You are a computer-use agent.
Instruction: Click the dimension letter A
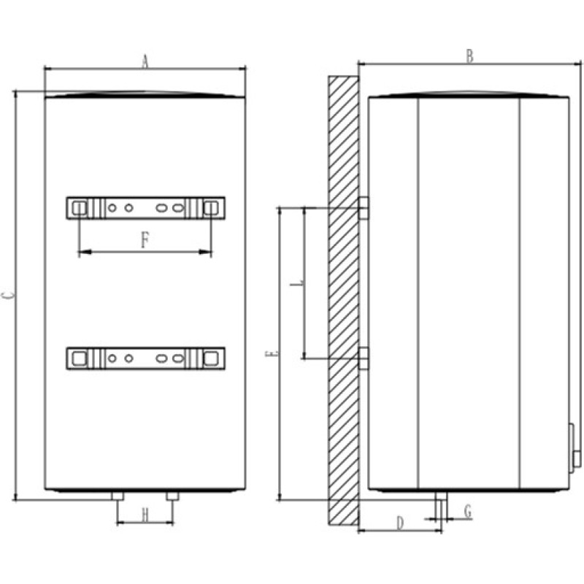point(145,63)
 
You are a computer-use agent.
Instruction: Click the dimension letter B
point(470,55)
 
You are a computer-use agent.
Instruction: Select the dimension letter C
point(7,296)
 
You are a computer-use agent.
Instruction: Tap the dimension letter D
point(399,523)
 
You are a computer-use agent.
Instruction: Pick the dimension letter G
point(467,512)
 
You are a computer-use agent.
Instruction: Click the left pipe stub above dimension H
point(117,496)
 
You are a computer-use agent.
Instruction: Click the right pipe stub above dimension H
point(172,496)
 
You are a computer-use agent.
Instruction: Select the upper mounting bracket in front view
point(145,207)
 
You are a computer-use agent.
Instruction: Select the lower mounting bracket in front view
point(145,358)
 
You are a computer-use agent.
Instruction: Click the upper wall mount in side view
point(363,207)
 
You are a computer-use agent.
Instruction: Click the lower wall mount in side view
point(363,358)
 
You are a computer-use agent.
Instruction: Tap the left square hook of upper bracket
point(80,207)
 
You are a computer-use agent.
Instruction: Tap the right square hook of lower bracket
point(211,358)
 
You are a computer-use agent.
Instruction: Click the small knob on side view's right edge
point(575,458)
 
